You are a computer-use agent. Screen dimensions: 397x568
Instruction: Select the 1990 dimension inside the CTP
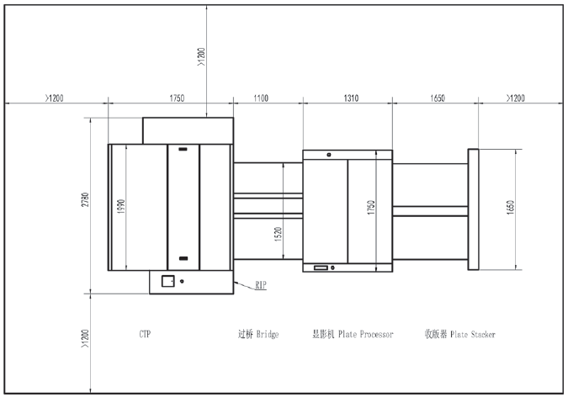(x=120, y=208)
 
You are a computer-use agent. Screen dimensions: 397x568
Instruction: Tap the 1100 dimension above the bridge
(x=260, y=98)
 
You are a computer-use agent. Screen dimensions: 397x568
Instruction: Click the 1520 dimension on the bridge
(x=279, y=233)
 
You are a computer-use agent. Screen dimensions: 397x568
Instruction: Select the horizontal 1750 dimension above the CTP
(x=177, y=98)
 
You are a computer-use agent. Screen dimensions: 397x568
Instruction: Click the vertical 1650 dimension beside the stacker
(x=510, y=209)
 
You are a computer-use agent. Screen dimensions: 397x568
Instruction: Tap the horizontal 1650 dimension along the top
(x=438, y=98)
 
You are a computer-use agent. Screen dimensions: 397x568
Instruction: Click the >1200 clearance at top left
(x=54, y=98)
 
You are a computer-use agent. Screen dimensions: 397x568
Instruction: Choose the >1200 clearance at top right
(x=515, y=98)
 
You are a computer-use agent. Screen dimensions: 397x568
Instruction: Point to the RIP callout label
(x=261, y=286)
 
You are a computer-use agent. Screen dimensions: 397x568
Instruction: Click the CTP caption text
(x=146, y=334)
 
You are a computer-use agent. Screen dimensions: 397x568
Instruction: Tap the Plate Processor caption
(x=364, y=334)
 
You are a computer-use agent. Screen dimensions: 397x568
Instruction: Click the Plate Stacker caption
(x=472, y=334)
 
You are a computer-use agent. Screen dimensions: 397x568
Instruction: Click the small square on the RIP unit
(x=167, y=281)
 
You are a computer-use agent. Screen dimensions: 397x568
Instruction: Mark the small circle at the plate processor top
(x=329, y=154)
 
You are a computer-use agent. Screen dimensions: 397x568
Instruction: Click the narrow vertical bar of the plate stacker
(x=473, y=209)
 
